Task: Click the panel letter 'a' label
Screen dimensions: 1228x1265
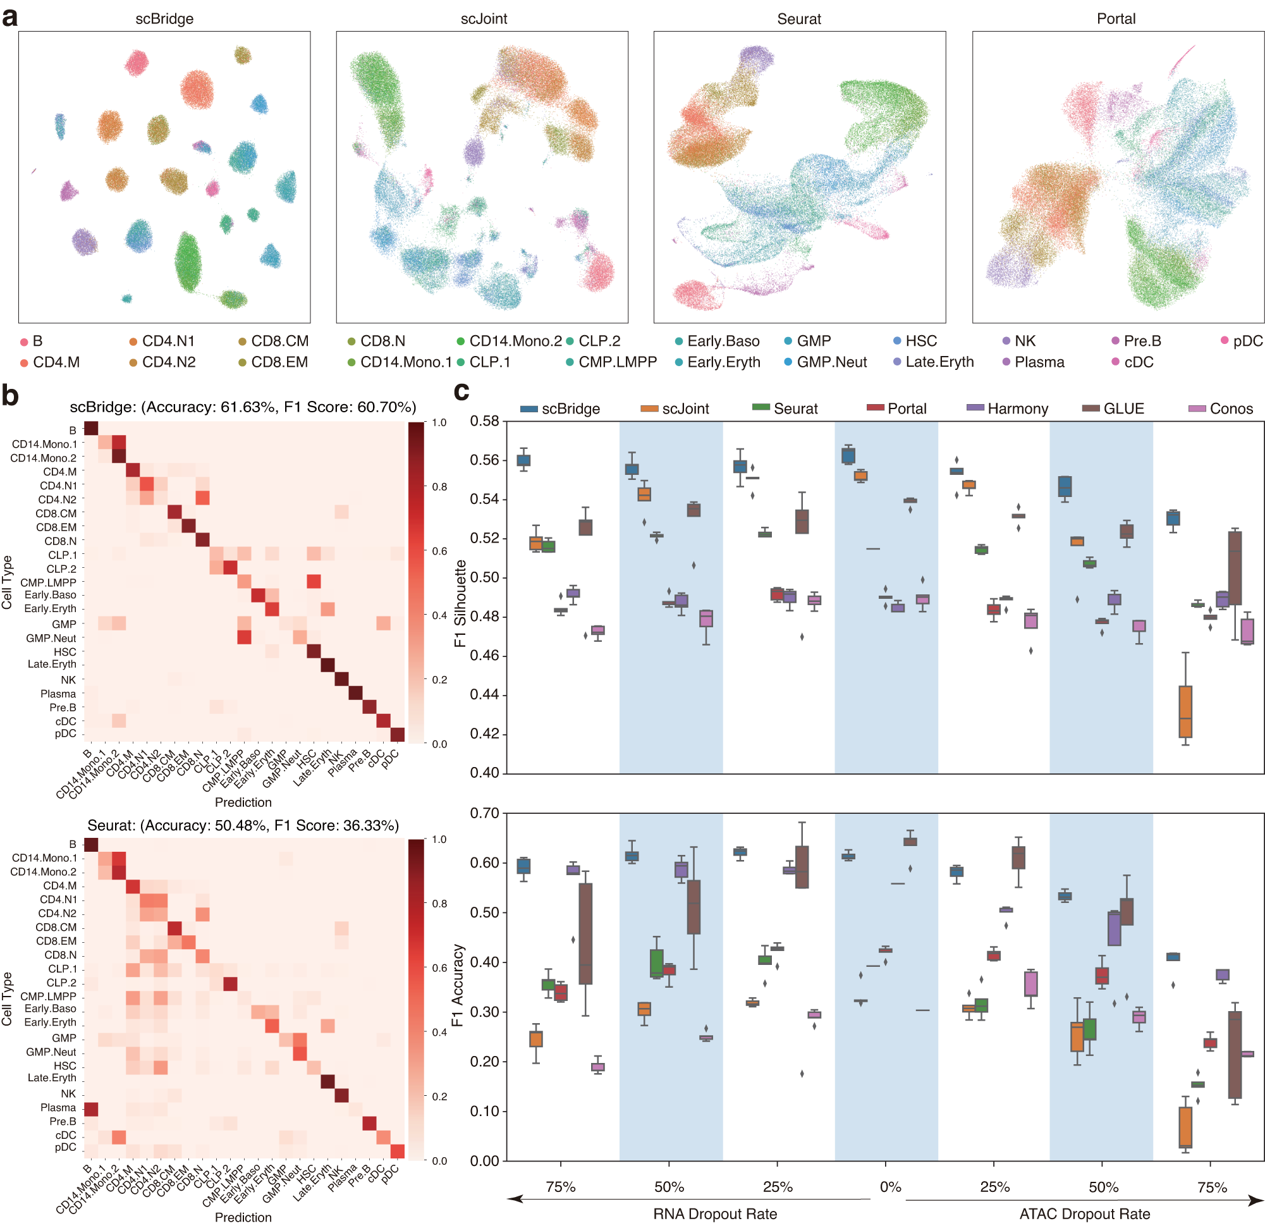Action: tap(9, 18)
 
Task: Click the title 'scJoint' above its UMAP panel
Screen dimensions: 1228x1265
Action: tap(484, 19)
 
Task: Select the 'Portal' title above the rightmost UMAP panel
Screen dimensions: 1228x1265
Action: tap(1115, 19)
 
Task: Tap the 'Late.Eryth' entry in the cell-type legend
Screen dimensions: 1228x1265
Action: tap(938, 362)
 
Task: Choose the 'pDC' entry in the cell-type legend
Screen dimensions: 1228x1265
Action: tap(1247, 341)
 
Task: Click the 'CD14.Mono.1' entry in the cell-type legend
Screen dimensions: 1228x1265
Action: tap(405, 362)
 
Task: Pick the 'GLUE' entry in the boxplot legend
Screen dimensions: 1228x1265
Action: tap(1123, 408)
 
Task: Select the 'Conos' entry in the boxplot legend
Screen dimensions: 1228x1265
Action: tap(1230, 408)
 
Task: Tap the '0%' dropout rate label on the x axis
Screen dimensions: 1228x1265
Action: tap(890, 1187)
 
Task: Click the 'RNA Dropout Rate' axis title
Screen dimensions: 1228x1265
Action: tap(714, 1214)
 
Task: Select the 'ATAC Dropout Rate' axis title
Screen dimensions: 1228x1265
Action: tap(1084, 1214)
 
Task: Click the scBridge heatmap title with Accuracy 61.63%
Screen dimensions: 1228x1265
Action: tap(243, 407)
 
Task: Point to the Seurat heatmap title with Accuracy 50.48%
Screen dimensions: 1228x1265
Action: tap(243, 825)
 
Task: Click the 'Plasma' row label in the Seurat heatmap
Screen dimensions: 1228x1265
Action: tap(58, 1107)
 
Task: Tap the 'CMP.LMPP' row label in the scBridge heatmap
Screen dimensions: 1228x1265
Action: tap(49, 582)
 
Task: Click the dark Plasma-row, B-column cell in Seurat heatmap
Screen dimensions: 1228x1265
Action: tap(90, 1108)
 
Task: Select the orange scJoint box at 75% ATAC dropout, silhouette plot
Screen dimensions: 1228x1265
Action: tap(1185, 711)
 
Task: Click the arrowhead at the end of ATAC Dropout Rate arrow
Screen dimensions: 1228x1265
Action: tap(1256, 1200)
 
